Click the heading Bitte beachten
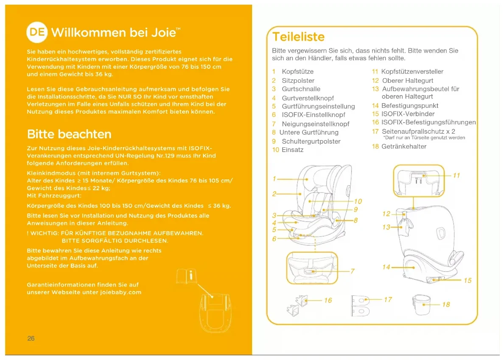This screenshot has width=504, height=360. (x=69, y=134)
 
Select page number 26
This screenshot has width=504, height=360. (x=31, y=338)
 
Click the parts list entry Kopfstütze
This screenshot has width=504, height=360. (x=297, y=71)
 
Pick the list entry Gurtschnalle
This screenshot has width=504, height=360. (x=301, y=89)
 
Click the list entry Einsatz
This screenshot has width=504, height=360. (x=292, y=150)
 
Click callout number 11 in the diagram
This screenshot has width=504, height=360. (x=456, y=175)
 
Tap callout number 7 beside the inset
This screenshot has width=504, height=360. (x=352, y=271)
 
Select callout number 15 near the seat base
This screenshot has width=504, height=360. (x=467, y=280)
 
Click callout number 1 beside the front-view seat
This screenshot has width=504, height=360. (x=274, y=179)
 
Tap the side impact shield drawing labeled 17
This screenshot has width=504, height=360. (x=360, y=305)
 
